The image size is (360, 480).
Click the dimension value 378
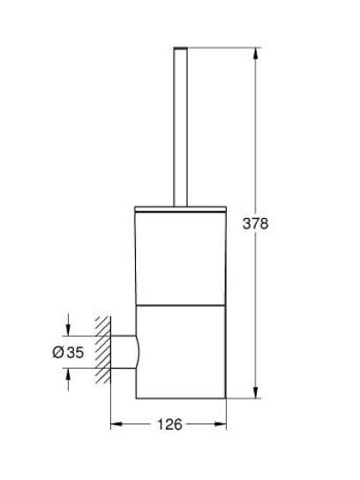(255, 224)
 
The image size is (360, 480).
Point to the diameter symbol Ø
(58, 353)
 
